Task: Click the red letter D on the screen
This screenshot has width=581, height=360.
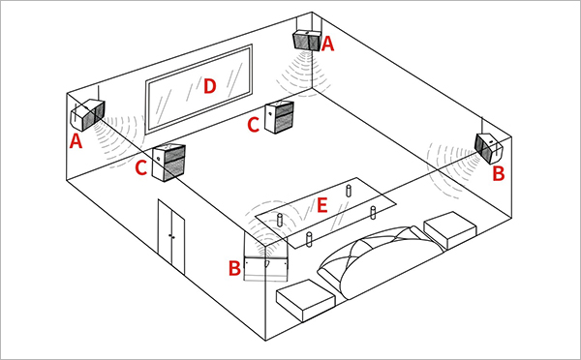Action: [210, 86]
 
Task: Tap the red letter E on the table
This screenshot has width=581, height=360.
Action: [322, 205]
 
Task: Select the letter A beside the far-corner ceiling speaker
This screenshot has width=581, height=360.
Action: [328, 45]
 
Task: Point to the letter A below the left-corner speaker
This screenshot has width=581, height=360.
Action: [76, 141]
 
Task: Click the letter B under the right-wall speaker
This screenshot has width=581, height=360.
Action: [499, 173]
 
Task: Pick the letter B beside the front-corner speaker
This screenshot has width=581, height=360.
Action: [234, 268]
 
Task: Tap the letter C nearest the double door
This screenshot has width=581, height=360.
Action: [141, 167]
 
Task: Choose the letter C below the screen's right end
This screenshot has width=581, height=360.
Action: [254, 125]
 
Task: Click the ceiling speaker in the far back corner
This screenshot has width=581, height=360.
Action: [307, 40]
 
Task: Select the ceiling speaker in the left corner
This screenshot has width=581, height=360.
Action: [88, 115]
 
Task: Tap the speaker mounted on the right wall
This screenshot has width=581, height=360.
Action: [489, 147]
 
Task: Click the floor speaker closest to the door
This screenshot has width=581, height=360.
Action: [168, 163]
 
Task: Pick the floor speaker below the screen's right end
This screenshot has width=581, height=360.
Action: [280, 117]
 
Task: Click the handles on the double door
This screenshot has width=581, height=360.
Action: [171, 236]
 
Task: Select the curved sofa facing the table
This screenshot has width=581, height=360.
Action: [382, 259]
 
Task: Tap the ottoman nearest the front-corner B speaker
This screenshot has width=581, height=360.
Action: [306, 300]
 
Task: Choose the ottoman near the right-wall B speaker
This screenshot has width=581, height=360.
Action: [450, 230]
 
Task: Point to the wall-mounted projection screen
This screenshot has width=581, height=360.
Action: [199, 89]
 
